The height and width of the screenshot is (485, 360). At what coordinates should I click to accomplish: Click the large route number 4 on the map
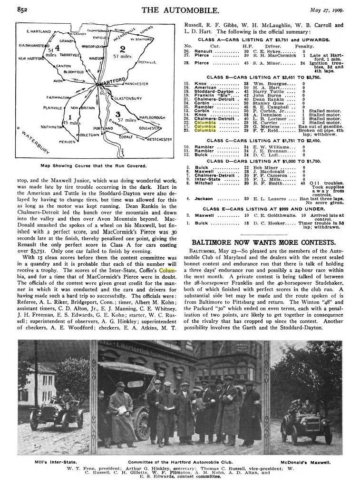click(x=57, y=48)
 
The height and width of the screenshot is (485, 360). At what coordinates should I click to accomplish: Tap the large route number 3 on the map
click(x=117, y=114)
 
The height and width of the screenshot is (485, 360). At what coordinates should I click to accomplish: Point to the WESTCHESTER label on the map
click(x=159, y=139)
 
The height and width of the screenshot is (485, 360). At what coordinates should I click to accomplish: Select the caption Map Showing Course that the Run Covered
click(x=93, y=166)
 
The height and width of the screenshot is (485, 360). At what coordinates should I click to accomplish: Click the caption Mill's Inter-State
click(x=47, y=462)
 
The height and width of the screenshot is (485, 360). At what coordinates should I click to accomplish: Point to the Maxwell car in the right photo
click(x=305, y=418)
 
